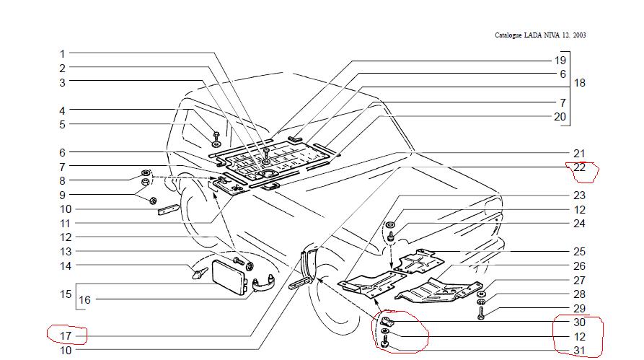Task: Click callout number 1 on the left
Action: [x=63, y=54]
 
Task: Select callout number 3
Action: [x=63, y=82]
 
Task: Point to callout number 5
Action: [x=63, y=124]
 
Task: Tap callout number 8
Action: [x=63, y=181]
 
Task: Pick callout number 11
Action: [x=66, y=224]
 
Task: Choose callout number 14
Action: [x=66, y=265]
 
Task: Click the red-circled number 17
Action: [x=66, y=335]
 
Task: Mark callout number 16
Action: [x=85, y=299]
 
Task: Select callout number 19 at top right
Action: [x=560, y=61]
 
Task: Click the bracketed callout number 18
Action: [x=579, y=83]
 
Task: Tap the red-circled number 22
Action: [x=580, y=167]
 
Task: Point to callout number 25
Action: [x=580, y=252]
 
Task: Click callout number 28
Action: [x=580, y=294]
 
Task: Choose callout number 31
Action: [x=580, y=351]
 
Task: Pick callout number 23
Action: [x=580, y=196]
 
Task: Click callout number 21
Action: [x=580, y=154]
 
